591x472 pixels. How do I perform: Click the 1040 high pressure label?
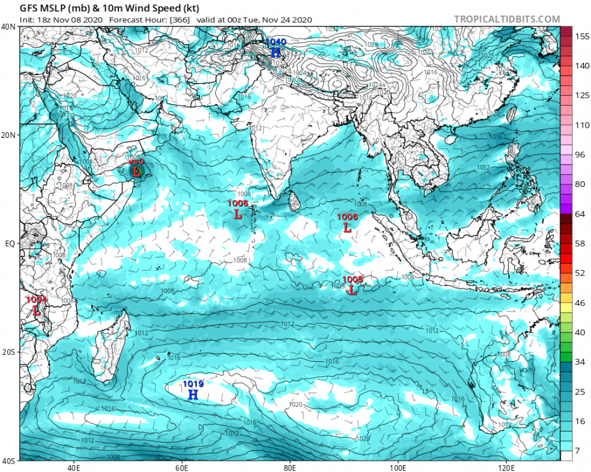[x=276, y=42]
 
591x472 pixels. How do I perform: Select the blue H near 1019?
[x=193, y=395]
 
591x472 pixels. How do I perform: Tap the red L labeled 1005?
[x=352, y=291]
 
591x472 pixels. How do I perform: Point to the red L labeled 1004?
[x=37, y=310]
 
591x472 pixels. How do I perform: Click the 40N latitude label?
[x=9, y=26]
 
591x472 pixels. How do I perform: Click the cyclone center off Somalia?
[x=137, y=171]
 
